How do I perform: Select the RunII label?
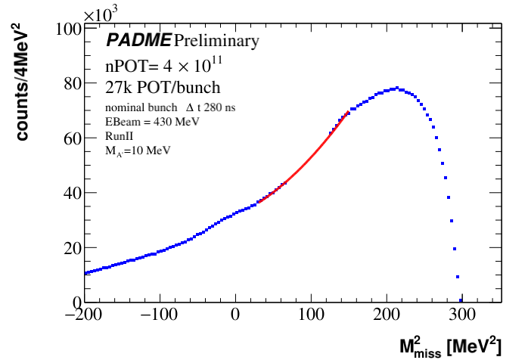pyautogui.click(x=120, y=135)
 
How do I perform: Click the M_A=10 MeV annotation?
pyautogui.click(x=138, y=150)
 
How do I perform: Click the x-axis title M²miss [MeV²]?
pyautogui.click(x=449, y=346)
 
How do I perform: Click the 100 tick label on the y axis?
pyautogui.click(x=67, y=29)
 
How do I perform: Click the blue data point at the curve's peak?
pyautogui.click(x=395, y=88)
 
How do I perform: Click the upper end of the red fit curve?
pyautogui.click(x=349, y=113)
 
